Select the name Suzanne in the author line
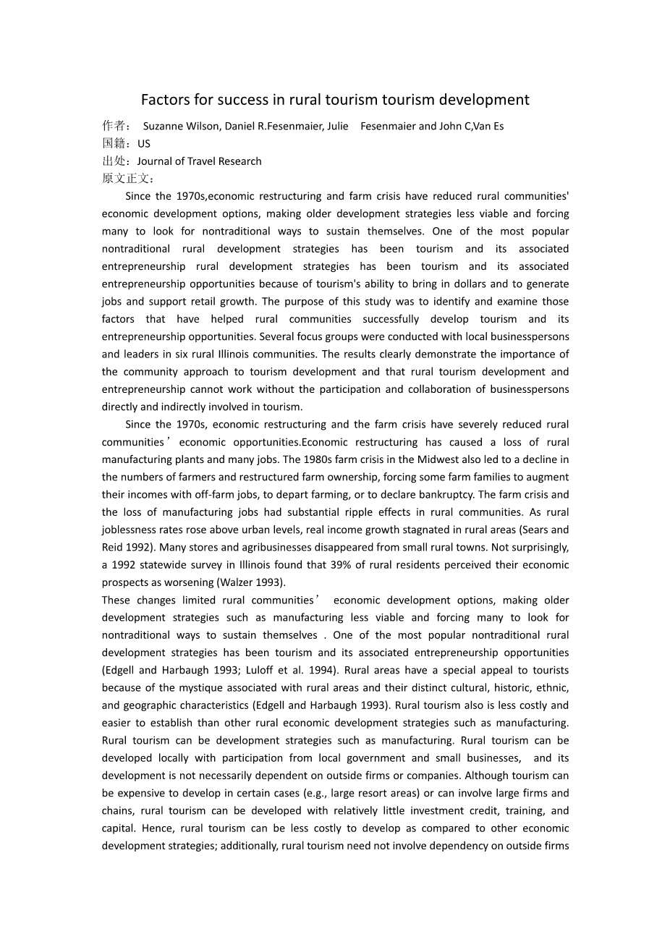165,126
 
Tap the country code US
144,143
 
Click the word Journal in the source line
154,161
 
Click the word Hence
158,828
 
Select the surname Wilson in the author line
203,126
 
